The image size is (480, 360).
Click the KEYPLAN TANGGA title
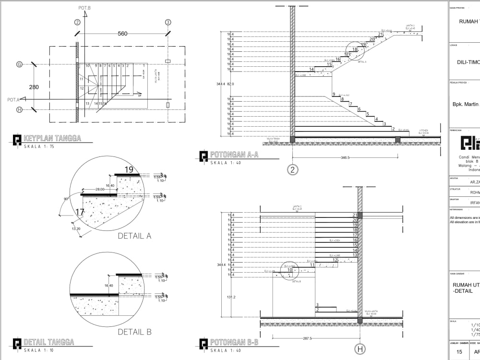[x=52, y=139]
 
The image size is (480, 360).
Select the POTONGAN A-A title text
[x=234, y=155]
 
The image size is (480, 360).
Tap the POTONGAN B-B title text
[x=234, y=342]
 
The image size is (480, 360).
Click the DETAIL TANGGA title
[x=48, y=342]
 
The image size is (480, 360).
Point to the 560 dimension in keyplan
[x=122, y=34]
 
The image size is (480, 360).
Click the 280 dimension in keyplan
[x=34, y=87]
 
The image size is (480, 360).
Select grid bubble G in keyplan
[x=19, y=64]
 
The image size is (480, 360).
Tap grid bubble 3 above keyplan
[x=168, y=22]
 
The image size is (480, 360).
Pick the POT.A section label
[x=13, y=99]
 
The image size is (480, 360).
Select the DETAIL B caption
[x=134, y=332]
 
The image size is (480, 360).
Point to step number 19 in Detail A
[x=129, y=169]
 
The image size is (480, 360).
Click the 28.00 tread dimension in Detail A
[x=99, y=190]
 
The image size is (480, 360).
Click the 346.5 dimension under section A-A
[x=345, y=157]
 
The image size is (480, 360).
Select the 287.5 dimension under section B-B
[x=307, y=338]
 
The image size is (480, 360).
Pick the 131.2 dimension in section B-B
[x=231, y=297]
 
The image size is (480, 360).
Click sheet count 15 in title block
[x=459, y=352]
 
